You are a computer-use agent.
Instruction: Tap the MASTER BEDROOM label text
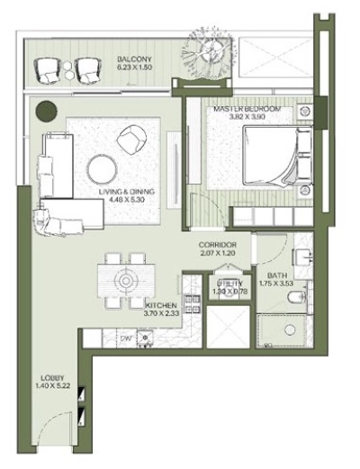tap(247, 109)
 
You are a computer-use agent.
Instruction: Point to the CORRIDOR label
tap(218, 245)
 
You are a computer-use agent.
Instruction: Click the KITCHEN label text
tap(162, 305)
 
